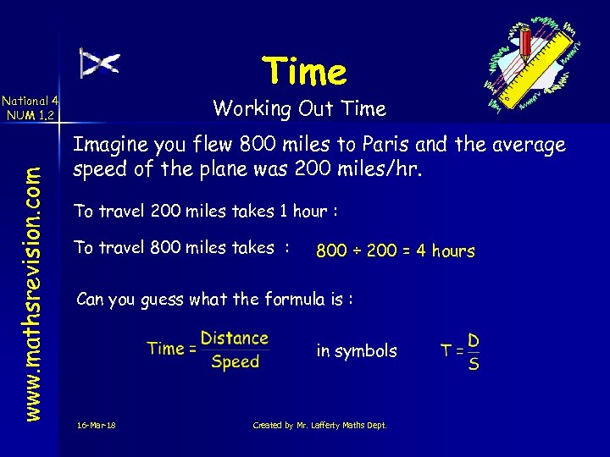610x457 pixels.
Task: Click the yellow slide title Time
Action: coord(304,72)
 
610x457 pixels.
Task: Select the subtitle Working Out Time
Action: coord(299,108)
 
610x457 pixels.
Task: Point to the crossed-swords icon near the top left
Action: coord(100,63)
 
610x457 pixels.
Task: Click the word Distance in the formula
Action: coord(234,339)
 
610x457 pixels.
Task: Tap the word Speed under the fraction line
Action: coord(235,362)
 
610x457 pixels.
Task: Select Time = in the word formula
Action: coord(171,349)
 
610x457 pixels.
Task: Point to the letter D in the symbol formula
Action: coord(474,340)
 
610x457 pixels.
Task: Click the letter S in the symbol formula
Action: coord(474,364)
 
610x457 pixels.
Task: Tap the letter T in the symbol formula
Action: coord(446,350)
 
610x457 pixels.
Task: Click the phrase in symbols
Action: coord(356,350)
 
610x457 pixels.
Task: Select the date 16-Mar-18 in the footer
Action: coord(95,425)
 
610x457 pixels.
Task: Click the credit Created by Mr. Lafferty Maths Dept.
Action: coord(319,425)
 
